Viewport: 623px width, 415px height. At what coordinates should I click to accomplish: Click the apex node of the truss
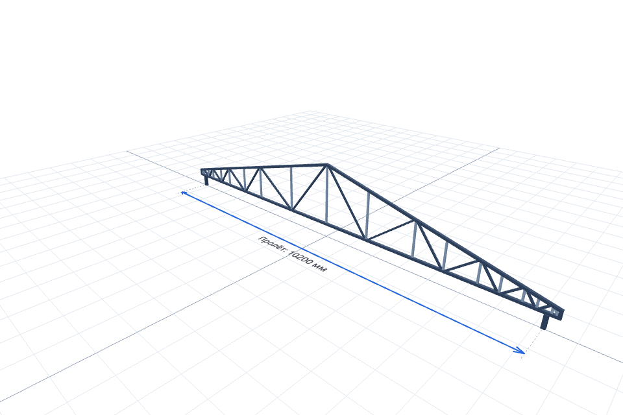click(x=327, y=165)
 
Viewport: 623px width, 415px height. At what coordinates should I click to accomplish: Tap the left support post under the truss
click(x=206, y=180)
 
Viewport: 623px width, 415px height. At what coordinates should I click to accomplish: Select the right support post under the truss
click(x=544, y=322)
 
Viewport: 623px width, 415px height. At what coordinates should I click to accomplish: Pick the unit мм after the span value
click(x=320, y=267)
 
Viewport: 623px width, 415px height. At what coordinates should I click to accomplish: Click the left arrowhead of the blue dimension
click(x=184, y=193)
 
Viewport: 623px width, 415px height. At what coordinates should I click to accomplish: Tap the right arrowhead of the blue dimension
click(x=520, y=350)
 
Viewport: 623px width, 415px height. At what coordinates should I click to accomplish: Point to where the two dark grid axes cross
click(x=326, y=236)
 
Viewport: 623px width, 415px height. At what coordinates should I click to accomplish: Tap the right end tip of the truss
click(x=562, y=312)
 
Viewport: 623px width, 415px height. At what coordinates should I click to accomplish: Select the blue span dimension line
click(x=353, y=272)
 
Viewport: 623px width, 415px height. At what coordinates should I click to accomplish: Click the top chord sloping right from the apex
click(x=445, y=237)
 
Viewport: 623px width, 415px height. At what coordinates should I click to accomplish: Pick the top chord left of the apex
click(x=264, y=167)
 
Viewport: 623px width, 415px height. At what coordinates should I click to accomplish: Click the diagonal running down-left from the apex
click(x=309, y=187)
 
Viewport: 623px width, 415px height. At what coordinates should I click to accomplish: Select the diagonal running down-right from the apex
click(x=347, y=202)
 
